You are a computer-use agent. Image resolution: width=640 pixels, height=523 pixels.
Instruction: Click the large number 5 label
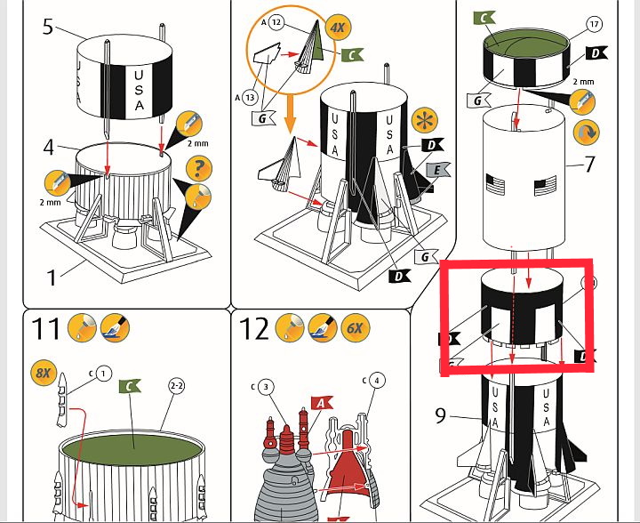click(48, 26)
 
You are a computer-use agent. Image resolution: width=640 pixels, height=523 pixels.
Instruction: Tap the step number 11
click(47, 328)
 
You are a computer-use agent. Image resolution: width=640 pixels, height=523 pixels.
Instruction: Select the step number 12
click(254, 328)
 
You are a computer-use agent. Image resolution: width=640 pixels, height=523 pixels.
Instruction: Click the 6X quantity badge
click(355, 328)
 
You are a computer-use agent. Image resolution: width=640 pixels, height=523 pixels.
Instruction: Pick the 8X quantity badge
click(42, 372)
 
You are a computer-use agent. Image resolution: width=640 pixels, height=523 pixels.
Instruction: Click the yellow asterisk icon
click(424, 118)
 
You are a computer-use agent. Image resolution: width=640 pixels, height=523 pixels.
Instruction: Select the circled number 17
click(595, 25)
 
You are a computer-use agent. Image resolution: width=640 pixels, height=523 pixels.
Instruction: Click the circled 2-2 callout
click(176, 385)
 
